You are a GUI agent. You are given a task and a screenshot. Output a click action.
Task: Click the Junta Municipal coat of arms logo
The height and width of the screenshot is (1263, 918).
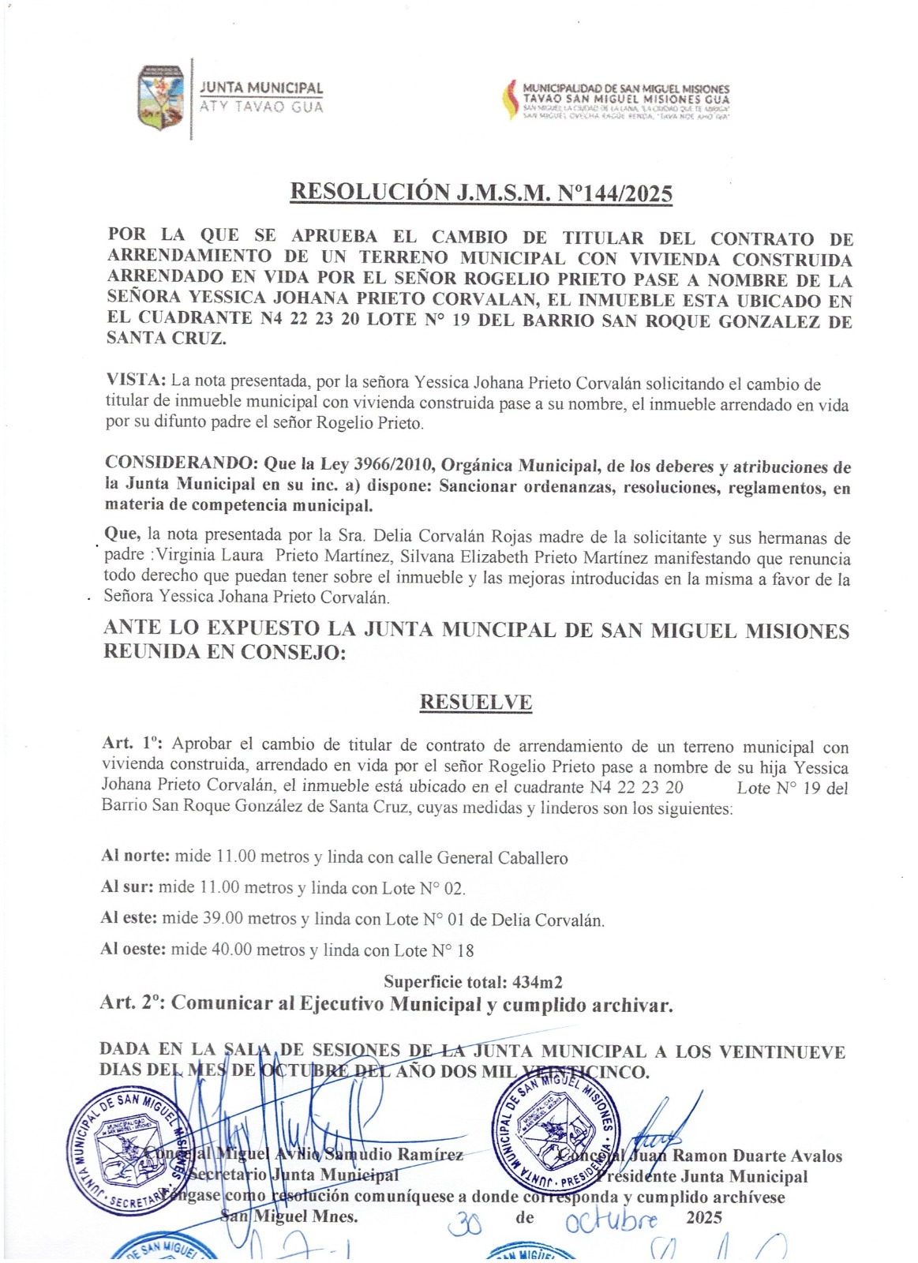161,98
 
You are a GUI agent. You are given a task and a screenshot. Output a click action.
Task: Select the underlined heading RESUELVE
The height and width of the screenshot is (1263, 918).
475,702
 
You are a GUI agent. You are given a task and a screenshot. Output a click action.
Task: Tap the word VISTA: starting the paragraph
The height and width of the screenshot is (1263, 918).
135,380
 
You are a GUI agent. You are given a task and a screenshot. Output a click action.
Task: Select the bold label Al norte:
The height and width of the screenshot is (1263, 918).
135,856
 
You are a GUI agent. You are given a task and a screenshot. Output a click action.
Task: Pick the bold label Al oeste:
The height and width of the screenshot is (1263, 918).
133,949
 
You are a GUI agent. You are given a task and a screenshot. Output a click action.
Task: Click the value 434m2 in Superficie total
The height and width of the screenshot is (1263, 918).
538,983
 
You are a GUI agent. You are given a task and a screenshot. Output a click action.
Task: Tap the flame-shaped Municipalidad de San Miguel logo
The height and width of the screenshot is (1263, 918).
509,99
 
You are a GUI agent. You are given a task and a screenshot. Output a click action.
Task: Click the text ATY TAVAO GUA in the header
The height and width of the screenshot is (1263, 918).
261,107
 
